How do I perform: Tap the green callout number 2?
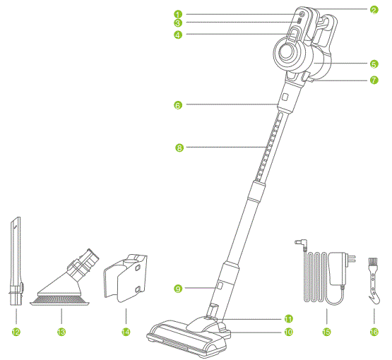click(x=374, y=10)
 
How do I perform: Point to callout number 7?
click(x=374, y=80)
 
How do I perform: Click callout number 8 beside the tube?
click(x=179, y=148)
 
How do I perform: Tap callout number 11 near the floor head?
click(x=287, y=318)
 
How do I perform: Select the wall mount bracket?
click(x=127, y=279)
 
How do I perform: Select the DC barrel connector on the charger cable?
click(x=299, y=245)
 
